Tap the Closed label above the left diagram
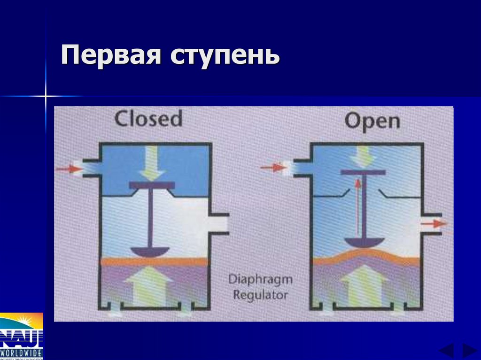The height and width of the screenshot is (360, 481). pyautogui.click(x=148, y=119)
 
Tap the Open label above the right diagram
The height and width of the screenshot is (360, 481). pyautogui.click(x=372, y=121)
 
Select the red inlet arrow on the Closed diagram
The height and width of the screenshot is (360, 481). pyautogui.click(x=69, y=169)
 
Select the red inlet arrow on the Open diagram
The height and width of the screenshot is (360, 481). pyautogui.click(x=273, y=167)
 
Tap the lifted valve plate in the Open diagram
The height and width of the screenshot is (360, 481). pyautogui.click(x=363, y=172)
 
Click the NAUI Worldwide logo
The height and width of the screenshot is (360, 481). pyautogui.click(x=21, y=336)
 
